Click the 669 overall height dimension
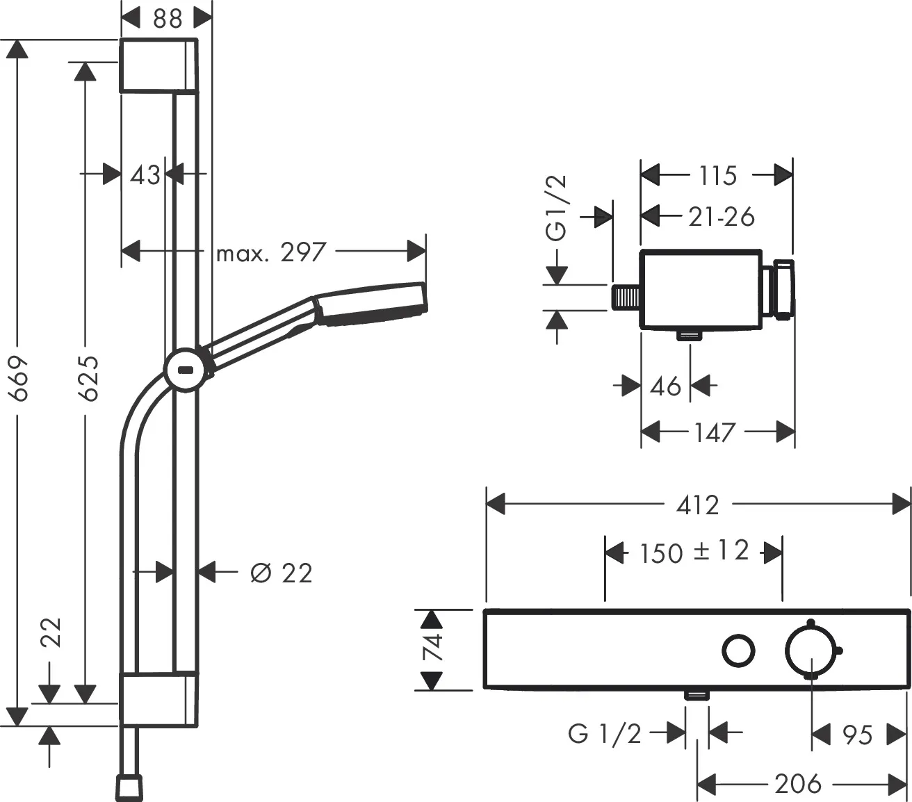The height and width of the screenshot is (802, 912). click(x=19, y=378)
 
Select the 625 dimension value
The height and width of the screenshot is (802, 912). click(x=88, y=378)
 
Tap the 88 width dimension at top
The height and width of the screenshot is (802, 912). click(x=168, y=19)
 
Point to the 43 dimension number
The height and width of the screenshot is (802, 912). click(x=145, y=174)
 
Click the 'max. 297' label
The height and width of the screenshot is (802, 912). click(x=270, y=252)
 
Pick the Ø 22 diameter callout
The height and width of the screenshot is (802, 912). click(x=281, y=573)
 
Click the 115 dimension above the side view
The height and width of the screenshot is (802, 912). click(x=717, y=175)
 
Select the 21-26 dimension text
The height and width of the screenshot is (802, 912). click(x=721, y=217)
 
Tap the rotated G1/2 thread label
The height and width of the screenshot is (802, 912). click(x=557, y=208)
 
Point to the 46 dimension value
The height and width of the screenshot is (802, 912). click(x=665, y=386)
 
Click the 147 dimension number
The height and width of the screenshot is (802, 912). click(x=715, y=432)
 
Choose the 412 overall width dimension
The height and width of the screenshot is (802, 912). click(x=697, y=505)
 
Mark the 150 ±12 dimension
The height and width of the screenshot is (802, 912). click(x=694, y=553)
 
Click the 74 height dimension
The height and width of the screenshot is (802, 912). click(x=432, y=649)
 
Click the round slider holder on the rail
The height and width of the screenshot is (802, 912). click(x=186, y=369)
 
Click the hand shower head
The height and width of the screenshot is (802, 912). click(x=372, y=304)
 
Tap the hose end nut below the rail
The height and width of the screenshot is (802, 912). click(x=129, y=786)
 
